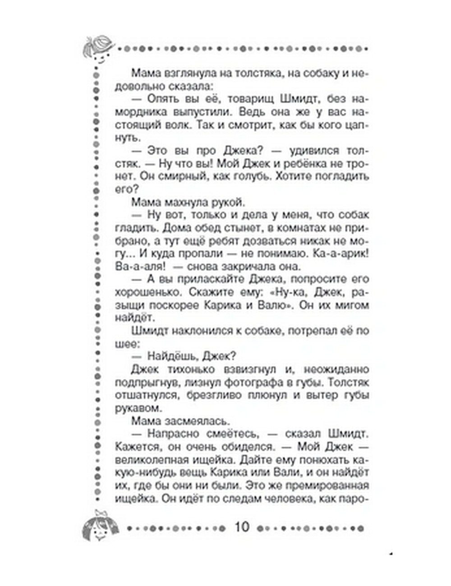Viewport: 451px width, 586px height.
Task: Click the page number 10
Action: point(242,526)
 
